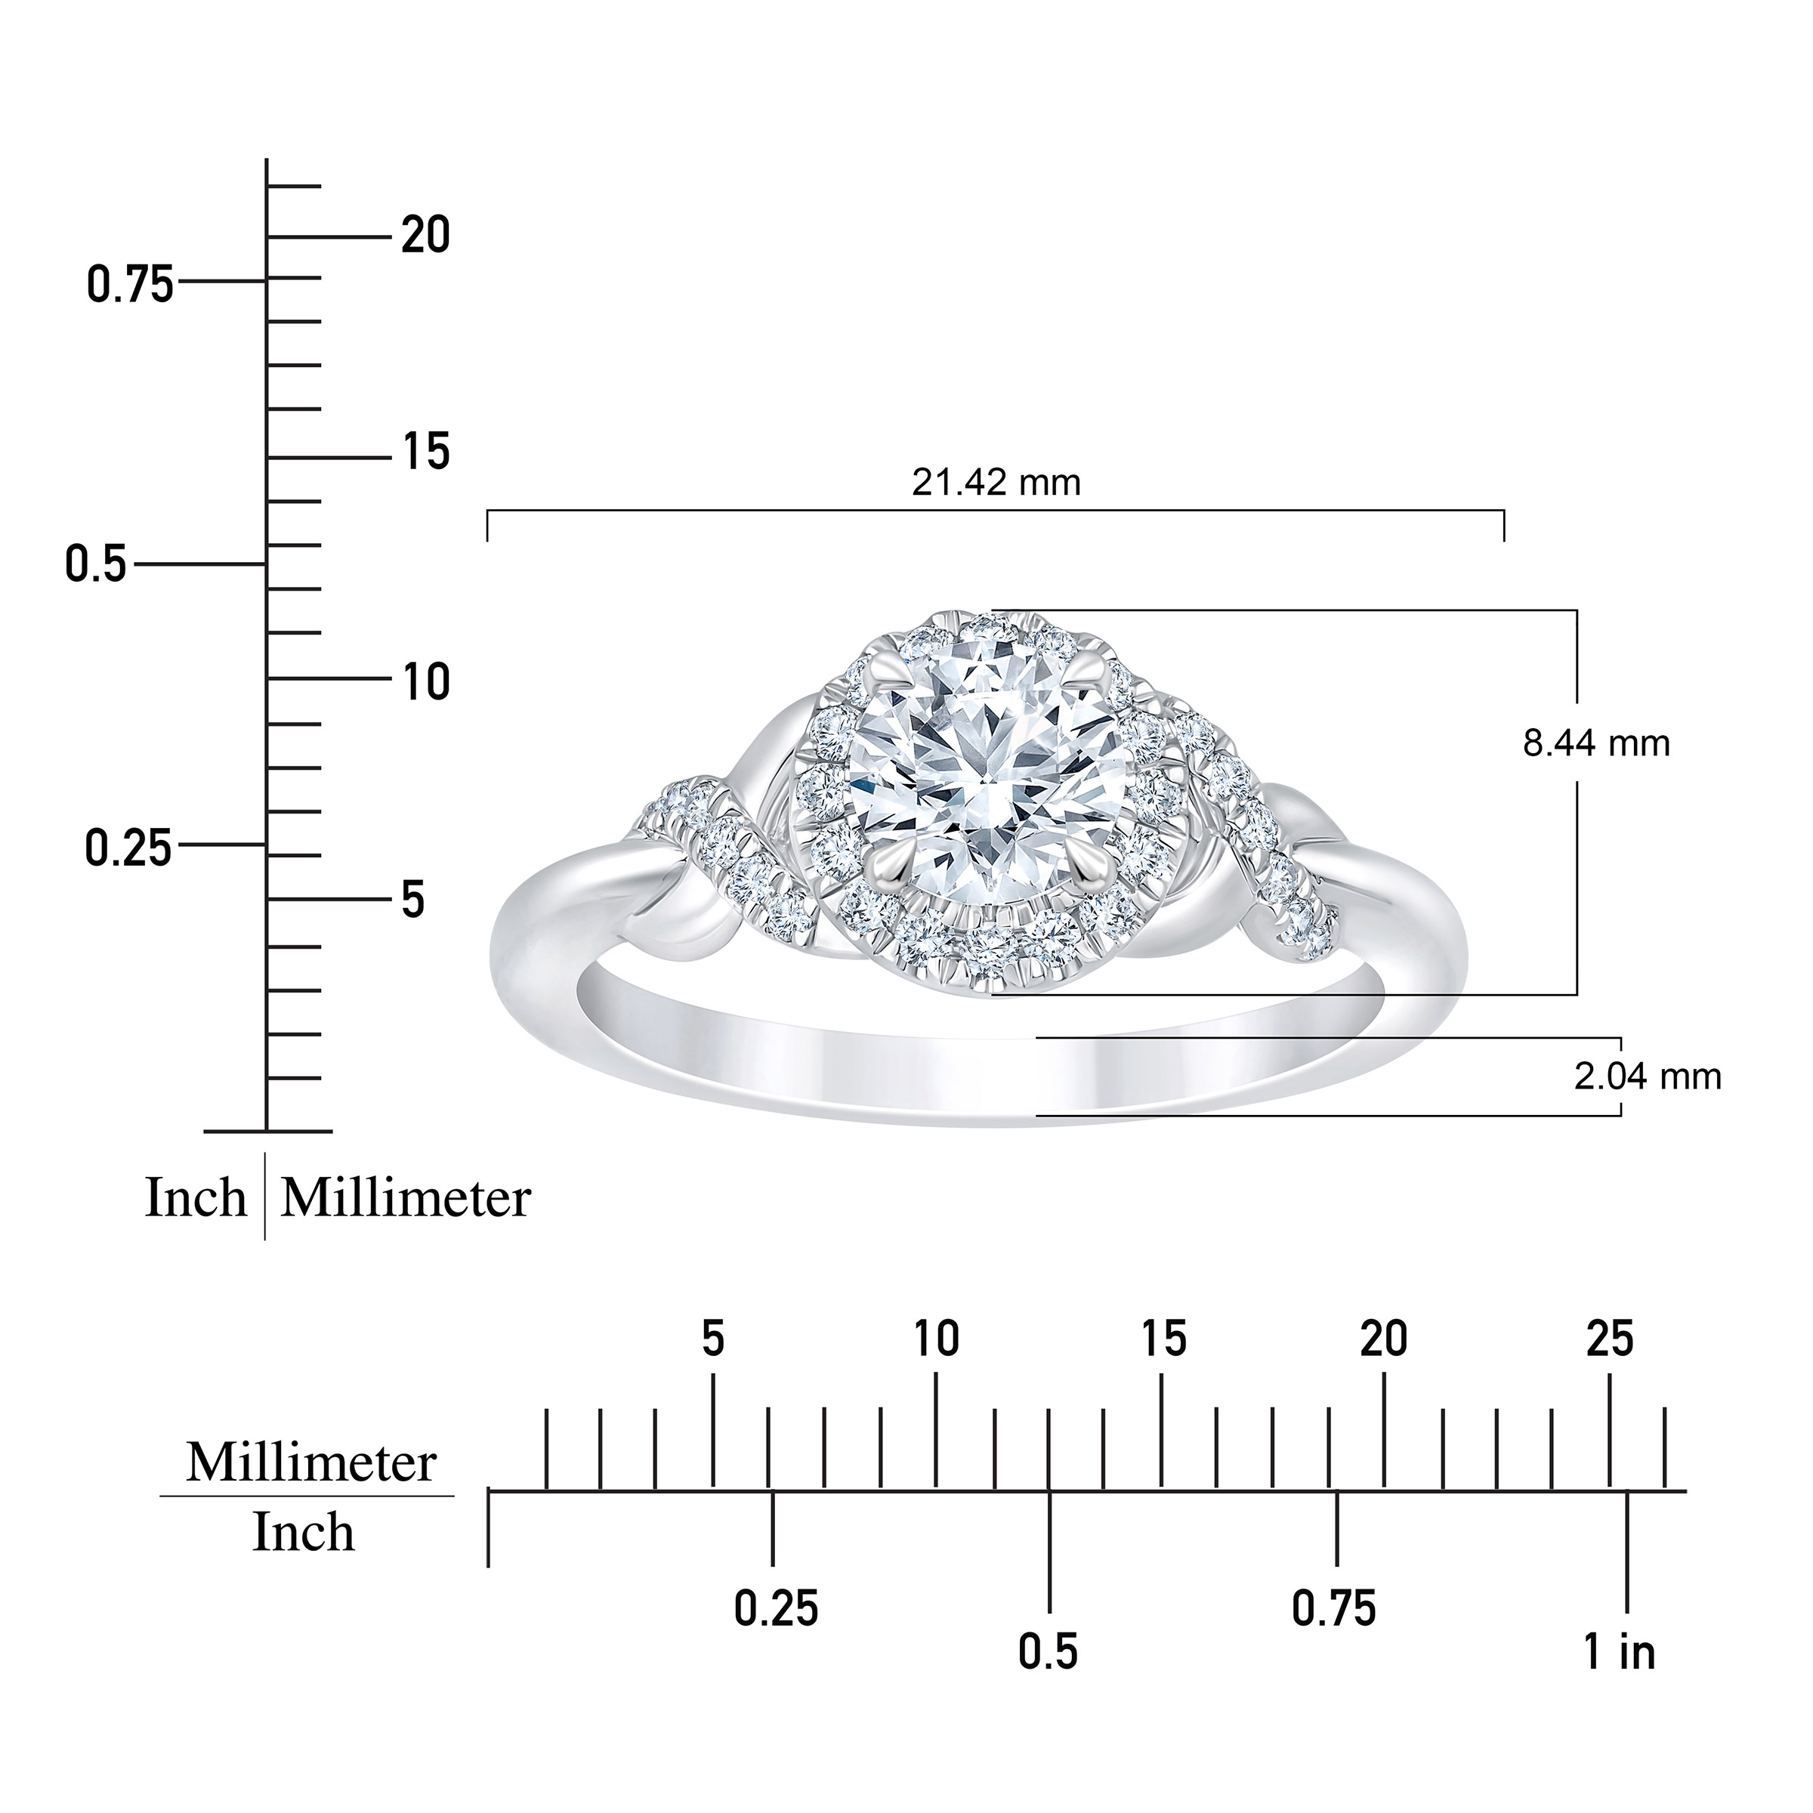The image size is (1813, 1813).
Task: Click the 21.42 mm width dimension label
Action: coord(996,483)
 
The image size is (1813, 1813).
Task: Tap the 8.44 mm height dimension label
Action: coord(1596,744)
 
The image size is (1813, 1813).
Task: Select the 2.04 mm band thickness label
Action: coord(1648,1076)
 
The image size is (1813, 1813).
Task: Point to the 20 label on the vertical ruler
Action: coord(426,235)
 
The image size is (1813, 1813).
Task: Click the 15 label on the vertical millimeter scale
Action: coord(426,453)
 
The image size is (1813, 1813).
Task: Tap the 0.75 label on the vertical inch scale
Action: coord(131,284)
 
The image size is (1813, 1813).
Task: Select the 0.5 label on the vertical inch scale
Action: coord(96,565)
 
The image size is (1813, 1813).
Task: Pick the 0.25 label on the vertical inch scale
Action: coord(129,848)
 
